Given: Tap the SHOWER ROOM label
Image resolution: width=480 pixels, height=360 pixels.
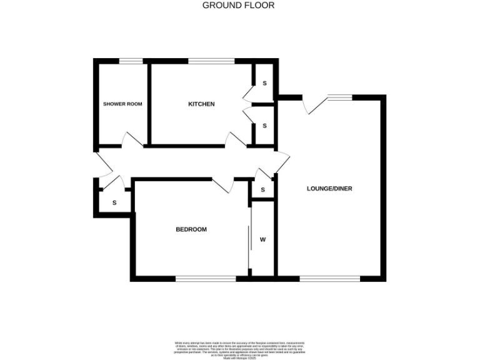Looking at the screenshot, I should pos(122,104).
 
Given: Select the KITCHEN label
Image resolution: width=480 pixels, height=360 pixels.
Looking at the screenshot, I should pos(201,104).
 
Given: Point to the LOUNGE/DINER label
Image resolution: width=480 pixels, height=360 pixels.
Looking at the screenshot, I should pos(325,188).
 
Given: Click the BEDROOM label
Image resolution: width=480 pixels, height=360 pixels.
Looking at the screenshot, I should pos(191,229).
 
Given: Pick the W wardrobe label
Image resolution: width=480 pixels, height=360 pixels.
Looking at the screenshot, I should pos(263,239).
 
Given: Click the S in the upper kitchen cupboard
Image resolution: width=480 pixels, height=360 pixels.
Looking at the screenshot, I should pos(264,83).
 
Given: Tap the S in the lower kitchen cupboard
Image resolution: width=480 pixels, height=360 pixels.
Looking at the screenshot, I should pos(264,125).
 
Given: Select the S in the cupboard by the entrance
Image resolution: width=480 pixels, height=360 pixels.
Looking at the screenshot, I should pos(114,202).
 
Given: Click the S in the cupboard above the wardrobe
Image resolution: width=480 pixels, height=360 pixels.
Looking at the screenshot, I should pos(263,189).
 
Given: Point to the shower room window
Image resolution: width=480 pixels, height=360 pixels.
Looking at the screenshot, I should pos(131,61).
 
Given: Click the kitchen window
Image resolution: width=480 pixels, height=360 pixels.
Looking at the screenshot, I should pos(211,61).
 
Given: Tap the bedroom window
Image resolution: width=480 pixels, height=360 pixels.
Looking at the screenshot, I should pos(206,279).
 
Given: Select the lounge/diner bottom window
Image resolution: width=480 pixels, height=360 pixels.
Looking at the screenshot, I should pos(330,279).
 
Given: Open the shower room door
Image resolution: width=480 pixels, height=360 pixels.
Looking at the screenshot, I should pos(133,140).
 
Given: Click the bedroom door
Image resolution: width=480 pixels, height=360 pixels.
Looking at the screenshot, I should pos(223,186).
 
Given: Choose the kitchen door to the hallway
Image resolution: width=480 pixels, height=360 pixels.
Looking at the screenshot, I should pos(237,140).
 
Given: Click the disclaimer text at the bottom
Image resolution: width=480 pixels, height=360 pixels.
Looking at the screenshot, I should pos(239,348).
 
